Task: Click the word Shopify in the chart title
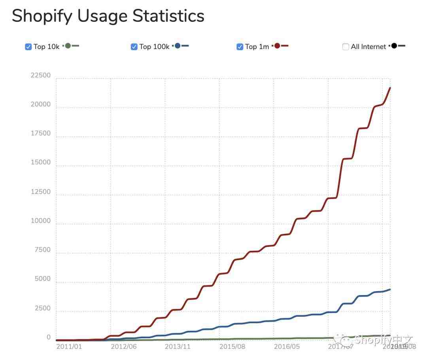41,16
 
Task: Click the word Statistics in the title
168,16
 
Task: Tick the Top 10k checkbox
28,47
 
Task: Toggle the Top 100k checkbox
134,47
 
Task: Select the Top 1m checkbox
240,47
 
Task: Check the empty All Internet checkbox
346,47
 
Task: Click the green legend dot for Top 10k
68,46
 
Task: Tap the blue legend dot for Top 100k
177,46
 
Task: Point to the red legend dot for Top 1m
277,46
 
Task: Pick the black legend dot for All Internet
394,46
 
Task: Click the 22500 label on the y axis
41,76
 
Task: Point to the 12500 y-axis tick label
41,192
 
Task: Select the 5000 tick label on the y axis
43,279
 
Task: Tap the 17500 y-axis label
41,134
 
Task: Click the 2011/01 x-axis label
69,347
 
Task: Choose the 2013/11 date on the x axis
178,347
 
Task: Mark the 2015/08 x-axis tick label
232,347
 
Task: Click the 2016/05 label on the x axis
287,347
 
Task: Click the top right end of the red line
390,88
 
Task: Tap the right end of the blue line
390,289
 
